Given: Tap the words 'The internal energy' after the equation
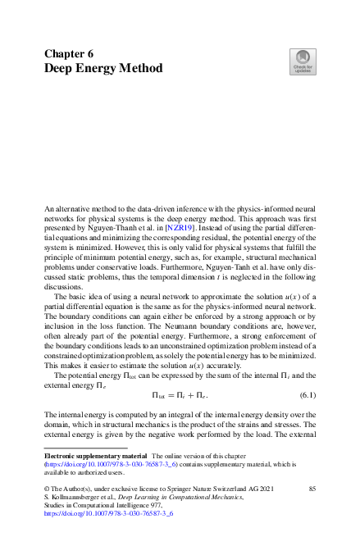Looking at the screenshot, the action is click(x=74, y=415).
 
